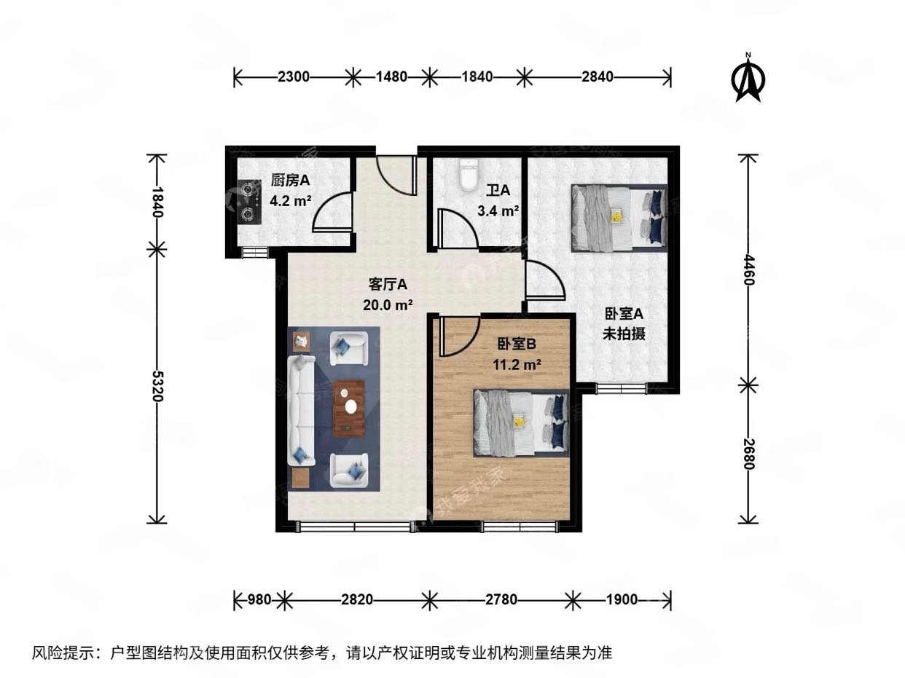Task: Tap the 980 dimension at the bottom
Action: tap(259, 600)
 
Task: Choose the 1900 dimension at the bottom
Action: tap(621, 600)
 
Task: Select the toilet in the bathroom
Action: tap(468, 174)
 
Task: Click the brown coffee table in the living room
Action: tap(349, 408)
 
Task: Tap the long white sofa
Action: tap(301, 411)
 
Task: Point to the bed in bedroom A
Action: tap(619, 217)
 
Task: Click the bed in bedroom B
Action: tap(521, 422)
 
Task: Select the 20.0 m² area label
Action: tap(388, 304)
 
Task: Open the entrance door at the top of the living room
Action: tap(396, 175)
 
